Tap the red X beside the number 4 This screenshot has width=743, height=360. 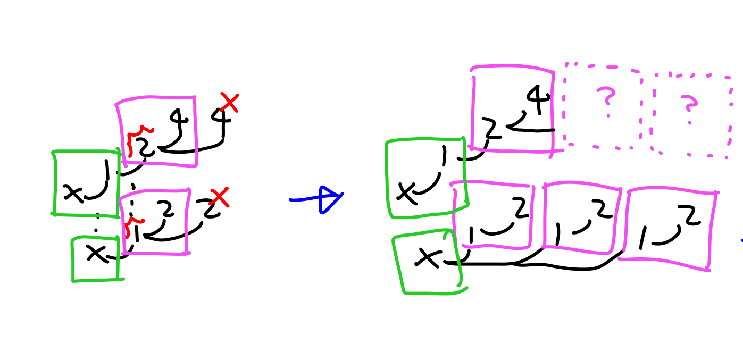click(229, 103)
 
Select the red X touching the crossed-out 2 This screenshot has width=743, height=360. click(219, 197)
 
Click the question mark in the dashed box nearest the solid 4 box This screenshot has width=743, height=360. click(606, 99)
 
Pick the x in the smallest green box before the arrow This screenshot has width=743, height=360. click(96, 253)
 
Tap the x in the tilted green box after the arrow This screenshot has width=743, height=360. click(427, 258)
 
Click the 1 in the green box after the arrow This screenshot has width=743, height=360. click(443, 157)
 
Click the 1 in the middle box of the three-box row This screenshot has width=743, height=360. click(557, 235)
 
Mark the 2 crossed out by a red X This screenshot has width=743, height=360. click(209, 208)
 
